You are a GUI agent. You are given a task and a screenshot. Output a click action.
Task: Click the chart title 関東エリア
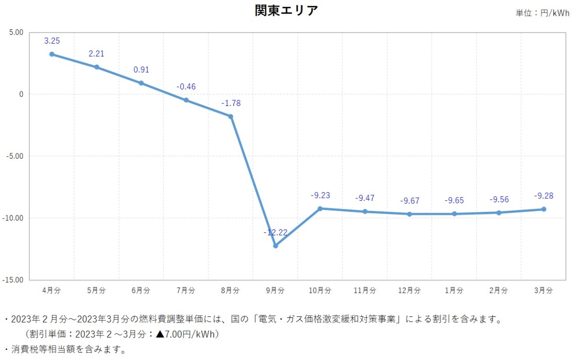[287, 11]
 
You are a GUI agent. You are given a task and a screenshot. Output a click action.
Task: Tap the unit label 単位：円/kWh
[542, 13]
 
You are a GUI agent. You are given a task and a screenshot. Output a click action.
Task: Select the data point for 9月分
[276, 246]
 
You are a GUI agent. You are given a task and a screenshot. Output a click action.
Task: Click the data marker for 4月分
[52, 54]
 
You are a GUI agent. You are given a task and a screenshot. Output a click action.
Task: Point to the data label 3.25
[52, 41]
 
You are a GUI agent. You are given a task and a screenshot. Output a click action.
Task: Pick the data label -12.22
[275, 232]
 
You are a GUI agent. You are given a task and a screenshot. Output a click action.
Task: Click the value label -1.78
[230, 103]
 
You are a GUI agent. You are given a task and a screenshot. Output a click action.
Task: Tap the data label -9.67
[409, 200]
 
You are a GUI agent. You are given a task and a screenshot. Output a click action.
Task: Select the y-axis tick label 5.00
[16, 33]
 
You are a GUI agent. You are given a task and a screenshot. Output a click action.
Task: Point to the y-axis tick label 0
[21, 94]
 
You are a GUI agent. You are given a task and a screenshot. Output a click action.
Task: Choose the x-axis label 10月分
[320, 290]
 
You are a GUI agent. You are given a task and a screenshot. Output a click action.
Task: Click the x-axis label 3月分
[543, 290]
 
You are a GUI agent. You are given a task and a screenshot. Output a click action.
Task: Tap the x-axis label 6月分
[141, 290]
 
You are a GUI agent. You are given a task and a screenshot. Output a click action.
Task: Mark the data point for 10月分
[320, 209]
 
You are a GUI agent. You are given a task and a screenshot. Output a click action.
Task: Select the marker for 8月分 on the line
[230, 116]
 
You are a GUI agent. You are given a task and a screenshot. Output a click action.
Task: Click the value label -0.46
[186, 87]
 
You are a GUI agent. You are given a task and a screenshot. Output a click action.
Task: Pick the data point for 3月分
[544, 209]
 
